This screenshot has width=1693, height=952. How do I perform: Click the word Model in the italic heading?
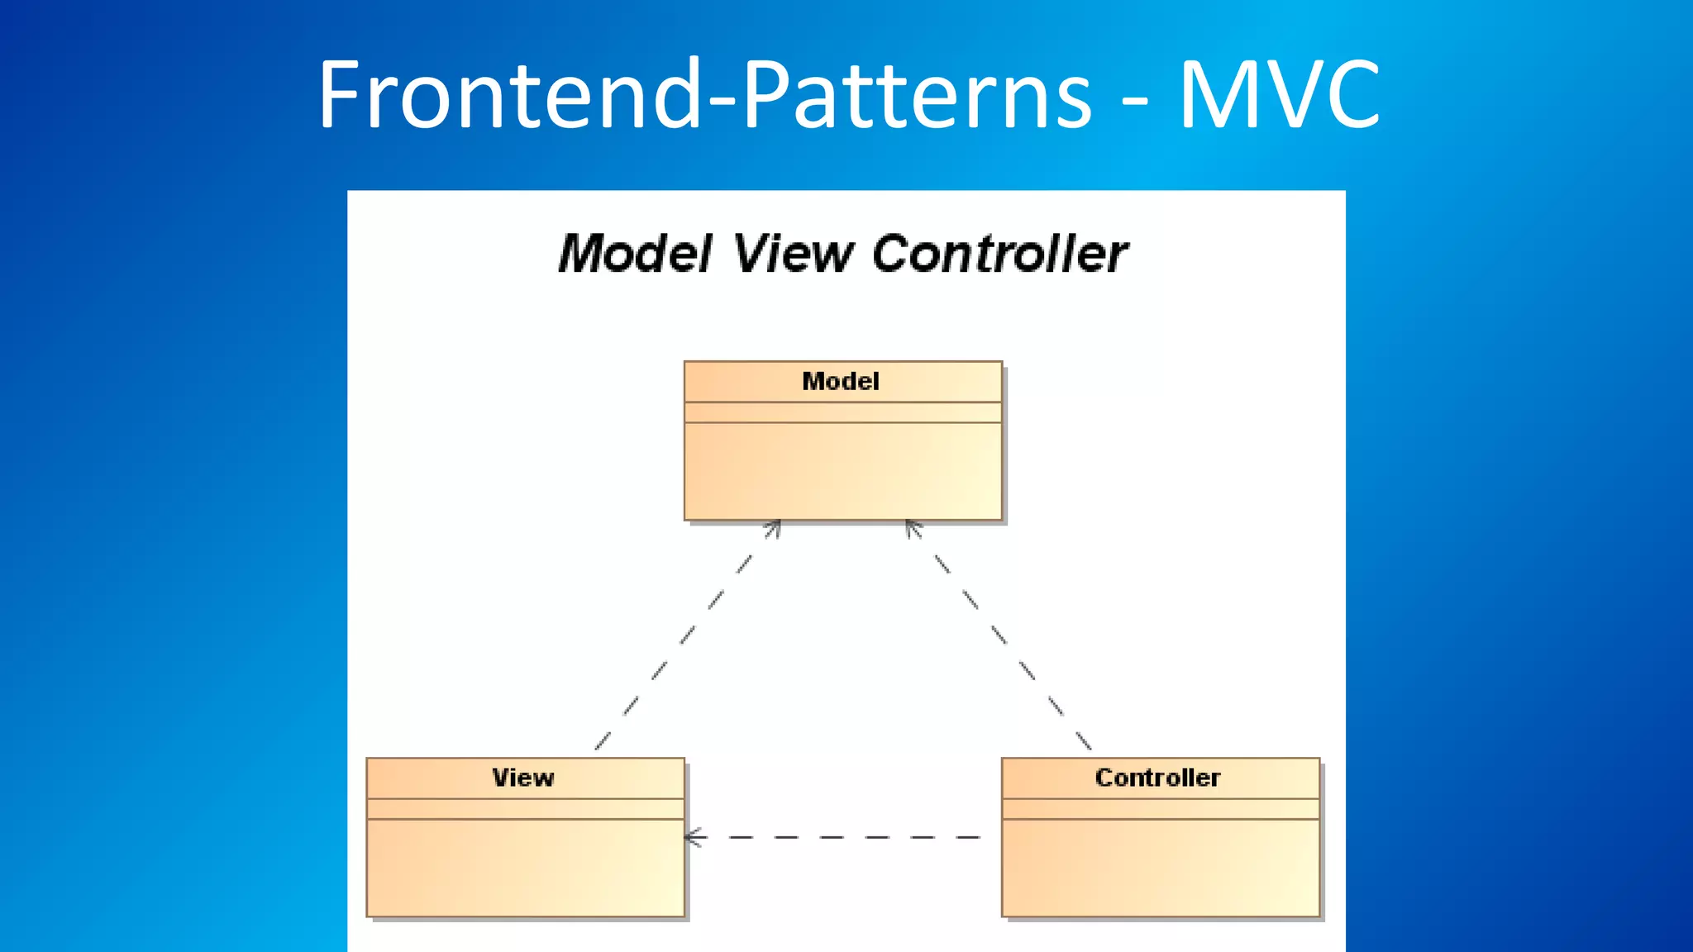[635, 253]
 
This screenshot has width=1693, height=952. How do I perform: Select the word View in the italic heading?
[792, 253]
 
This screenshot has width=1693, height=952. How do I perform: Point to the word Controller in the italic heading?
[999, 253]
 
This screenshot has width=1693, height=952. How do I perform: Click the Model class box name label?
[841, 381]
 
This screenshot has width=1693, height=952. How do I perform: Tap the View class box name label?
[523, 778]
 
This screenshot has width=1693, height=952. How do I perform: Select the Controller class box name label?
[1157, 778]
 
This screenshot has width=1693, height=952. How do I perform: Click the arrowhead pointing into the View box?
[693, 837]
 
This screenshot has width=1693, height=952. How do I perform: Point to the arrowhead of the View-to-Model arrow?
[774, 527]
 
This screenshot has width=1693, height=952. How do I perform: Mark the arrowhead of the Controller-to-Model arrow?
[911, 527]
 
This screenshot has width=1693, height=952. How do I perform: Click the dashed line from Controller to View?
[843, 837]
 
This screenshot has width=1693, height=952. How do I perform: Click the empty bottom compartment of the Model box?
[842, 471]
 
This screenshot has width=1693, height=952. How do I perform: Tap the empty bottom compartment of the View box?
[525, 868]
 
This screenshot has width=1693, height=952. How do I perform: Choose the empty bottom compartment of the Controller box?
[1160, 868]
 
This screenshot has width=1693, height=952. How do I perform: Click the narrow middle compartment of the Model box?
[842, 412]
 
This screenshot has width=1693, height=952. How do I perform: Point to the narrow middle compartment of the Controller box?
[1160, 809]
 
